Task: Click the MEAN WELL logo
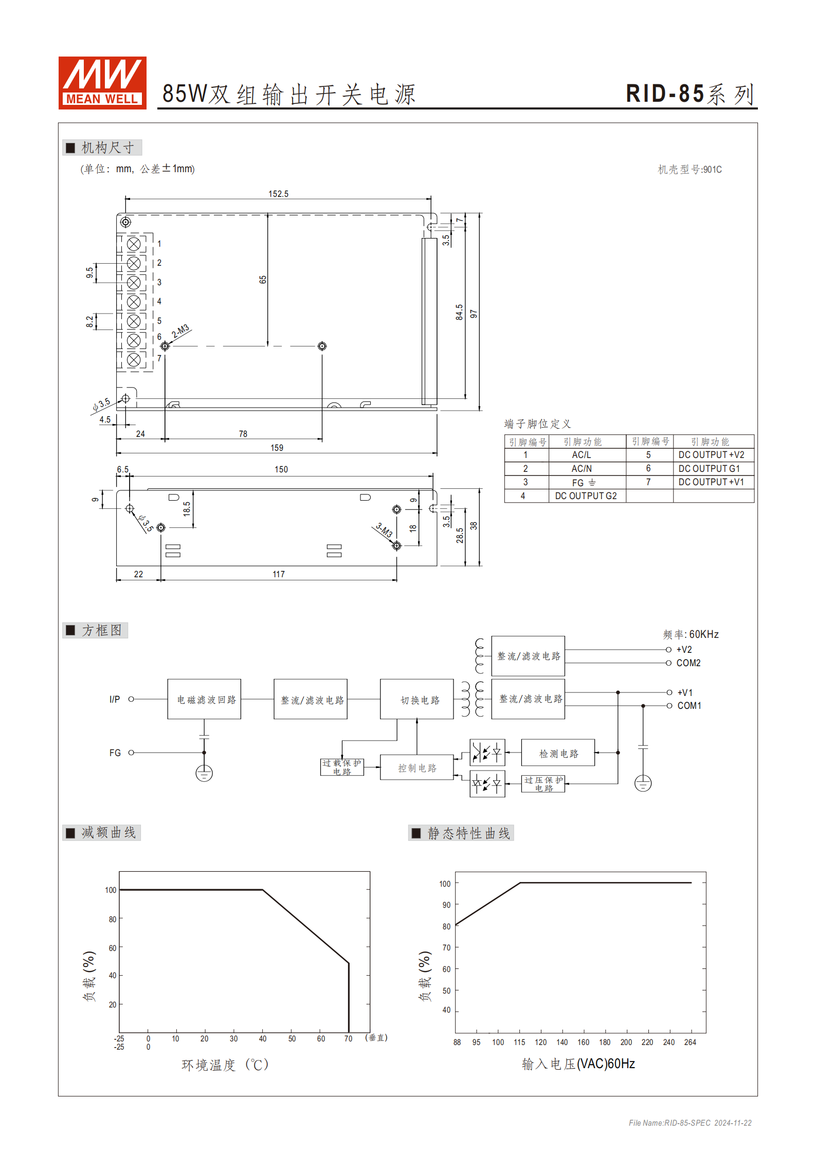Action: pyautogui.click(x=102, y=83)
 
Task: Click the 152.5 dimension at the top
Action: pyautogui.click(x=278, y=194)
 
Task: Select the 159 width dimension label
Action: pyautogui.click(x=277, y=448)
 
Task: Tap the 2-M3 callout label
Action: pyautogui.click(x=180, y=331)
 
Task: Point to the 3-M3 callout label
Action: pyautogui.click(x=384, y=530)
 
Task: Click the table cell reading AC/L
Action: pyautogui.click(x=582, y=455)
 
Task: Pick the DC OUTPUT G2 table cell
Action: pyautogui.click(x=586, y=496)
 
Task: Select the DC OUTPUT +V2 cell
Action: pyautogui.click(x=711, y=455)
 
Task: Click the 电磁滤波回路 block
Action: pyautogui.click(x=204, y=699)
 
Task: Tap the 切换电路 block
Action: pyautogui.click(x=417, y=699)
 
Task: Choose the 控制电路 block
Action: pyautogui.click(x=417, y=768)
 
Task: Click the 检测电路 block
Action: pyautogui.click(x=558, y=753)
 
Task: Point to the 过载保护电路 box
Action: pyautogui.click(x=342, y=767)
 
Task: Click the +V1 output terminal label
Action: pyautogui.click(x=685, y=692)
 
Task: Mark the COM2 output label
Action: pyautogui.click(x=688, y=663)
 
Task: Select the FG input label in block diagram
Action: pyautogui.click(x=115, y=753)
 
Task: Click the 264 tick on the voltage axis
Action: pyautogui.click(x=690, y=1042)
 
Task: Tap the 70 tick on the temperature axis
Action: pyautogui.click(x=348, y=1038)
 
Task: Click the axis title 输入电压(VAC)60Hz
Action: pyautogui.click(x=578, y=1064)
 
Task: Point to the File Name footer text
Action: pyautogui.click(x=690, y=1123)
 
